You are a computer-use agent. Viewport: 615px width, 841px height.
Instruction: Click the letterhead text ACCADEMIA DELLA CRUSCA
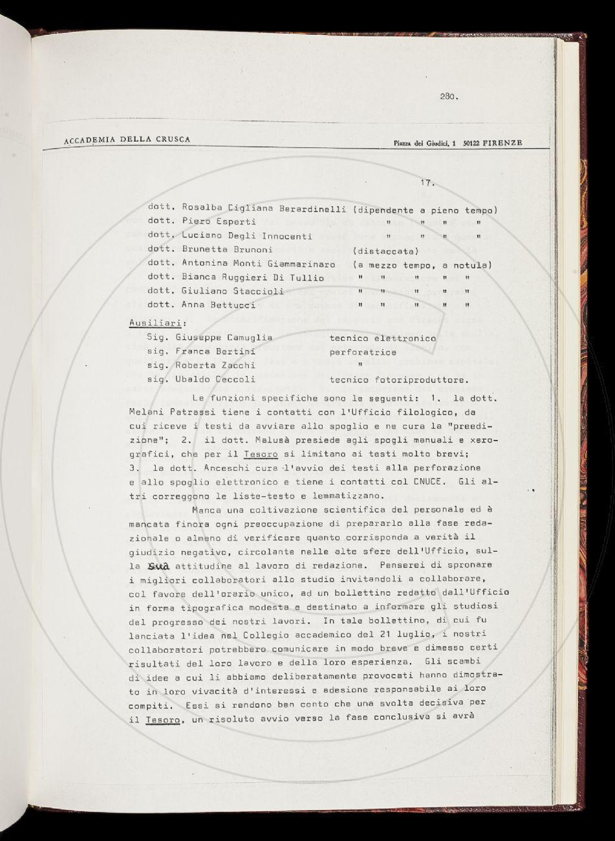tap(127, 140)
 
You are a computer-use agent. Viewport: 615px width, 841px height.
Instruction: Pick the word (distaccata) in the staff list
tap(386, 250)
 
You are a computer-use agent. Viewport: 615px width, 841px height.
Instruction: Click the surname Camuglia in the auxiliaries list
tap(250, 337)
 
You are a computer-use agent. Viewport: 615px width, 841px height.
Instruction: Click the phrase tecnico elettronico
tap(382, 338)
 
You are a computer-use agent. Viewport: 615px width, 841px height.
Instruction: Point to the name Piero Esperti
tap(210, 222)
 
